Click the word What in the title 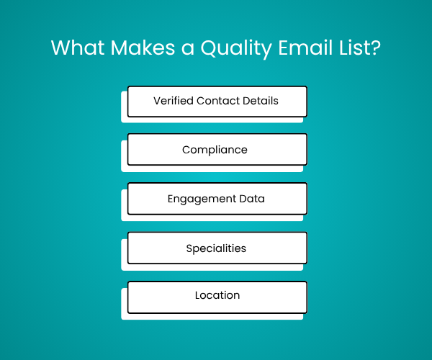pyautogui.click(x=78, y=48)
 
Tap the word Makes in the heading pyautogui.click(x=143, y=48)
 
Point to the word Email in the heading pyautogui.click(x=305, y=48)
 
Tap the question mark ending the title pyautogui.click(x=374, y=48)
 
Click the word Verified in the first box pyautogui.click(x=174, y=101)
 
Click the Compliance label pyautogui.click(x=215, y=150)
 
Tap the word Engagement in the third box pyautogui.click(x=202, y=199)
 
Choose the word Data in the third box pyautogui.click(x=252, y=199)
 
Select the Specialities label pyautogui.click(x=216, y=248)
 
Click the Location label pyautogui.click(x=217, y=295)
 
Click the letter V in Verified pyautogui.click(x=157, y=101)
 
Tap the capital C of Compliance pyautogui.click(x=186, y=150)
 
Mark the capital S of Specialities pyautogui.click(x=189, y=248)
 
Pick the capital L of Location pyautogui.click(x=197, y=295)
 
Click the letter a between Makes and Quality pyautogui.click(x=188, y=49)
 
